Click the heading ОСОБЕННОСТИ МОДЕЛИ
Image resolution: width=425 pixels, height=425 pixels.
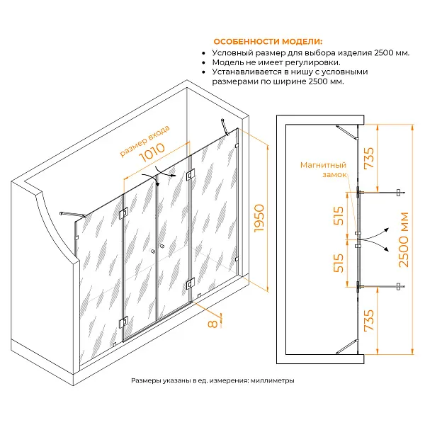click(x=268, y=42)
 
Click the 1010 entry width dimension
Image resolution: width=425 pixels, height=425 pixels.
click(x=152, y=152)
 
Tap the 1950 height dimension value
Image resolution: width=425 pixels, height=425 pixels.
click(x=259, y=218)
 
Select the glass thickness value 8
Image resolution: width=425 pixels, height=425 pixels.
click(x=212, y=324)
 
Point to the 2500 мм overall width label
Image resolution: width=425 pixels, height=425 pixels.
click(x=403, y=240)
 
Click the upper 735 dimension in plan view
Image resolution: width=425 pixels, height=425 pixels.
click(x=369, y=158)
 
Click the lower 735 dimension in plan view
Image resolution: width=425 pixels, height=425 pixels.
click(x=369, y=320)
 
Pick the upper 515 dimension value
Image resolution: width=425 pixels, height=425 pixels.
click(x=339, y=216)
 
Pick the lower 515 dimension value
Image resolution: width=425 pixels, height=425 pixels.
click(x=339, y=263)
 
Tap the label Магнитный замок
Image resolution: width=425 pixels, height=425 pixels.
click(x=324, y=169)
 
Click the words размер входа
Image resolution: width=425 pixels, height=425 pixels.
click(x=144, y=141)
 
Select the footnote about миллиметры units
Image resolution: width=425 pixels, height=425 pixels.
click(x=212, y=380)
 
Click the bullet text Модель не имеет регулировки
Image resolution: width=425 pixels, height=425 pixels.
click(x=276, y=62)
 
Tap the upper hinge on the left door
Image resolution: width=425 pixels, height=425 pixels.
click(x=123, y=214)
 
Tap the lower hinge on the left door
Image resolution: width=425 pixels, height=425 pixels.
click(x=123, y=322)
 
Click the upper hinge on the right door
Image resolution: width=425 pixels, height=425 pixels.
click(x=191, y=175)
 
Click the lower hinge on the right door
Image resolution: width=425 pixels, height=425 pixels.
click(x=191, y=283)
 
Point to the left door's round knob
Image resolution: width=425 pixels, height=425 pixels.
click(x=153, y=251)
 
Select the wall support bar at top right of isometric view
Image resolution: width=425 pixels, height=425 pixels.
click(x=225, y=127)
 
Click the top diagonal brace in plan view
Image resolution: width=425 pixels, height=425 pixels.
click(x=347, y=132)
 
